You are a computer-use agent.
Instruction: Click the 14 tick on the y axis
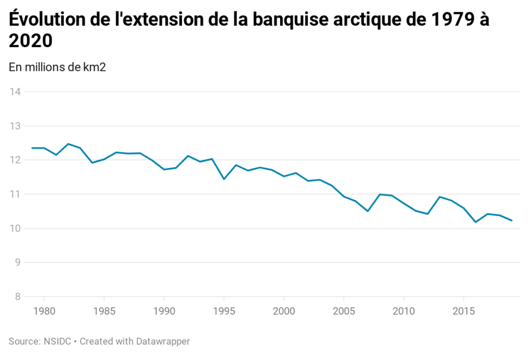coord(15,92)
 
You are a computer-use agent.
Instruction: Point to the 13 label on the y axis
coord(15,126)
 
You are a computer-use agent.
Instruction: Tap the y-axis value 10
coord(15,228)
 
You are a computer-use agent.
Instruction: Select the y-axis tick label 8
coord(17,297)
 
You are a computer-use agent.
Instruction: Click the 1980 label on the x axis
coord(44,311)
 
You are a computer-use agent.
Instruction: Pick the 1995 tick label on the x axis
coord(223,311)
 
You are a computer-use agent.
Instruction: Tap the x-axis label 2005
coord(343,311)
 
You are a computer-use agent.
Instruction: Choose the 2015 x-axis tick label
coord(463,311)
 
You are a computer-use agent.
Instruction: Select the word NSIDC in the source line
coord(54,341)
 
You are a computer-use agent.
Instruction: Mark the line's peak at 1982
coord(68,144)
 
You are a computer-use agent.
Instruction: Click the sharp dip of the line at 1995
coord(223,179)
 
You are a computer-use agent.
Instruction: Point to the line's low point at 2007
coord(367,211)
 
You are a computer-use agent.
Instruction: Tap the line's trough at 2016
coord(475,222)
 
